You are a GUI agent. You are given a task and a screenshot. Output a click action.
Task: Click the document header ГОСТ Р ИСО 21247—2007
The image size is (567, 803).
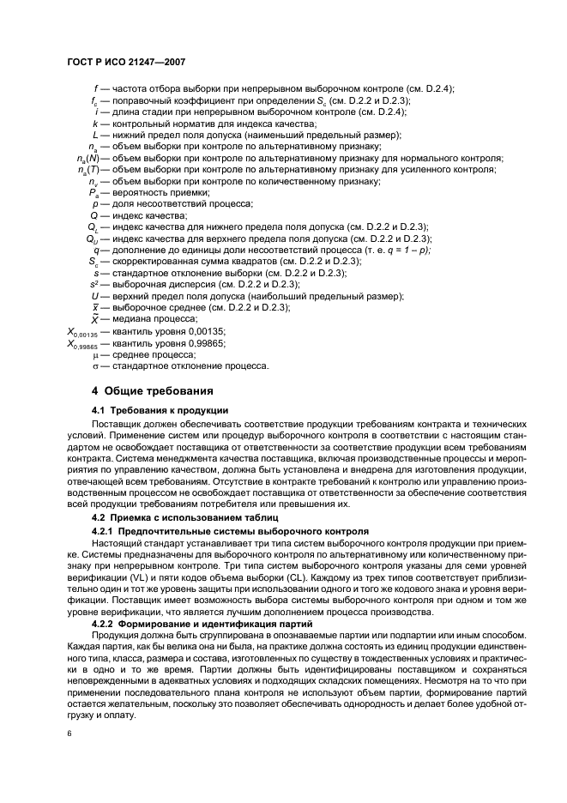(126, 63)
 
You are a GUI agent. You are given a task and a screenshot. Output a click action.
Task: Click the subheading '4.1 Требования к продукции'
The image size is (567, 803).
(160, 410)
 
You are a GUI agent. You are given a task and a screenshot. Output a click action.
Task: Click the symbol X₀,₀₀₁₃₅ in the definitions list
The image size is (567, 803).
(83, 331)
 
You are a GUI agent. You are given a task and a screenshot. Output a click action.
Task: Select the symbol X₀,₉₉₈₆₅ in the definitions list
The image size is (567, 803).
(83, 343)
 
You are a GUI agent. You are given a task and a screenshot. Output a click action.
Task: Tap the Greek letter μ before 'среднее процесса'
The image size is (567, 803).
(96, 354)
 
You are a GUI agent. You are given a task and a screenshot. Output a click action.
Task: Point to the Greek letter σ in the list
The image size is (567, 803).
(96, 366)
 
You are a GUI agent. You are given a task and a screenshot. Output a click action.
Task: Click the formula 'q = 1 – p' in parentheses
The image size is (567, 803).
(406, 249)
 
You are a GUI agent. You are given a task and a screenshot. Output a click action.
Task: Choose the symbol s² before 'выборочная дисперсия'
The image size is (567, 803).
(94, 284)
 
